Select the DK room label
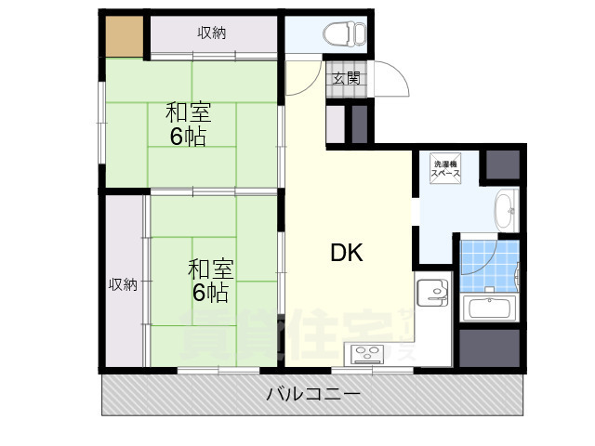pos(347,253)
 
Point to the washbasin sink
pos(504,208)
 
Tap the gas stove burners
pos(365,352)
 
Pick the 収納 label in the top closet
pos(211,33)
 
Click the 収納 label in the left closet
pos(123,284)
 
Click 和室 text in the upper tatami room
pos(189,112)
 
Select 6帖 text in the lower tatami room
pos(210,294)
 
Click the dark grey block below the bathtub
pos(489,347)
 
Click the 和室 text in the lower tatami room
pos(211,269)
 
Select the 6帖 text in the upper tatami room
pos(188,138)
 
